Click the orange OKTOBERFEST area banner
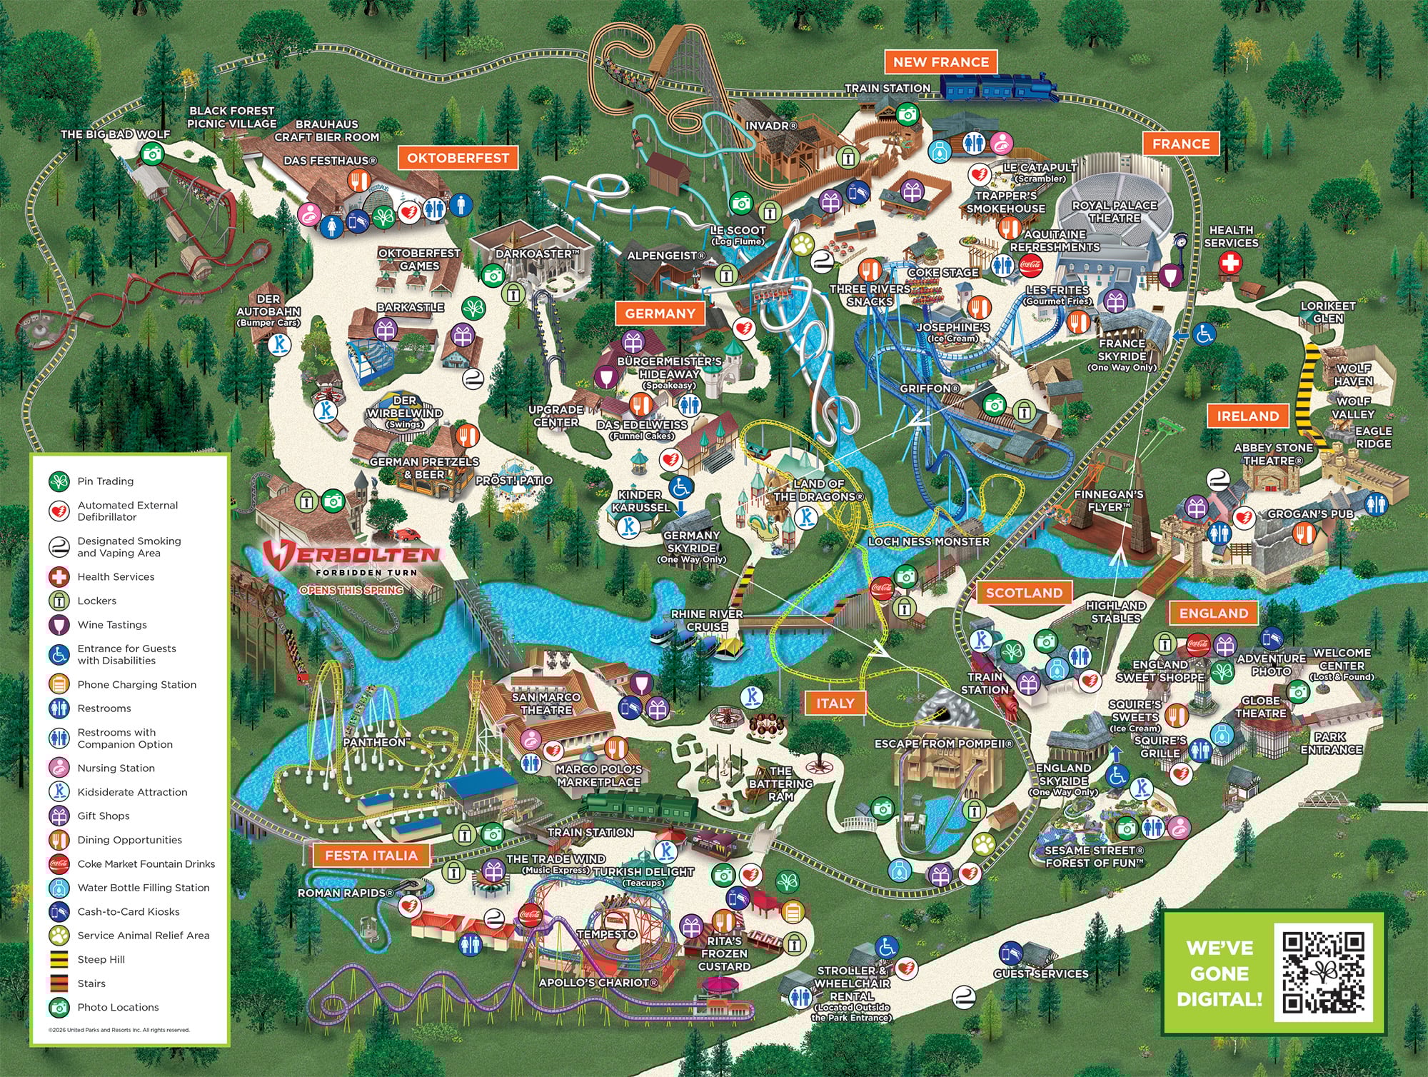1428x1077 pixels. [x=458, y=158]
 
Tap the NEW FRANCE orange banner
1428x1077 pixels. [x=940, y=62]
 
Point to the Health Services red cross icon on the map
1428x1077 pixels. [x=1230, y=264]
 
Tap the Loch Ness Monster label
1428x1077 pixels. [x=928, y=541]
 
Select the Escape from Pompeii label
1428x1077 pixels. [x=943, y=743]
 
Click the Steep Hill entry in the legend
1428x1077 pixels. [x=101, y=959]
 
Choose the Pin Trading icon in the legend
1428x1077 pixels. [x=59, y=481]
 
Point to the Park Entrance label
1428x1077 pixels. [x=1331, y=743]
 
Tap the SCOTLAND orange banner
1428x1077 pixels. [x=1024, y=593]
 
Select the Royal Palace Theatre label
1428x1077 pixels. [x=1114, y=211]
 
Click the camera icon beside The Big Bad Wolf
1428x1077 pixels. [x=151, y=153]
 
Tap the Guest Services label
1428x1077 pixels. [x=1040, y=973]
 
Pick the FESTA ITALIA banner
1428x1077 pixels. [x=371, y=855]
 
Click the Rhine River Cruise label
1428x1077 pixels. [x=706, y=620]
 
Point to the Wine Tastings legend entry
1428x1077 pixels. [x=111, y=624]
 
